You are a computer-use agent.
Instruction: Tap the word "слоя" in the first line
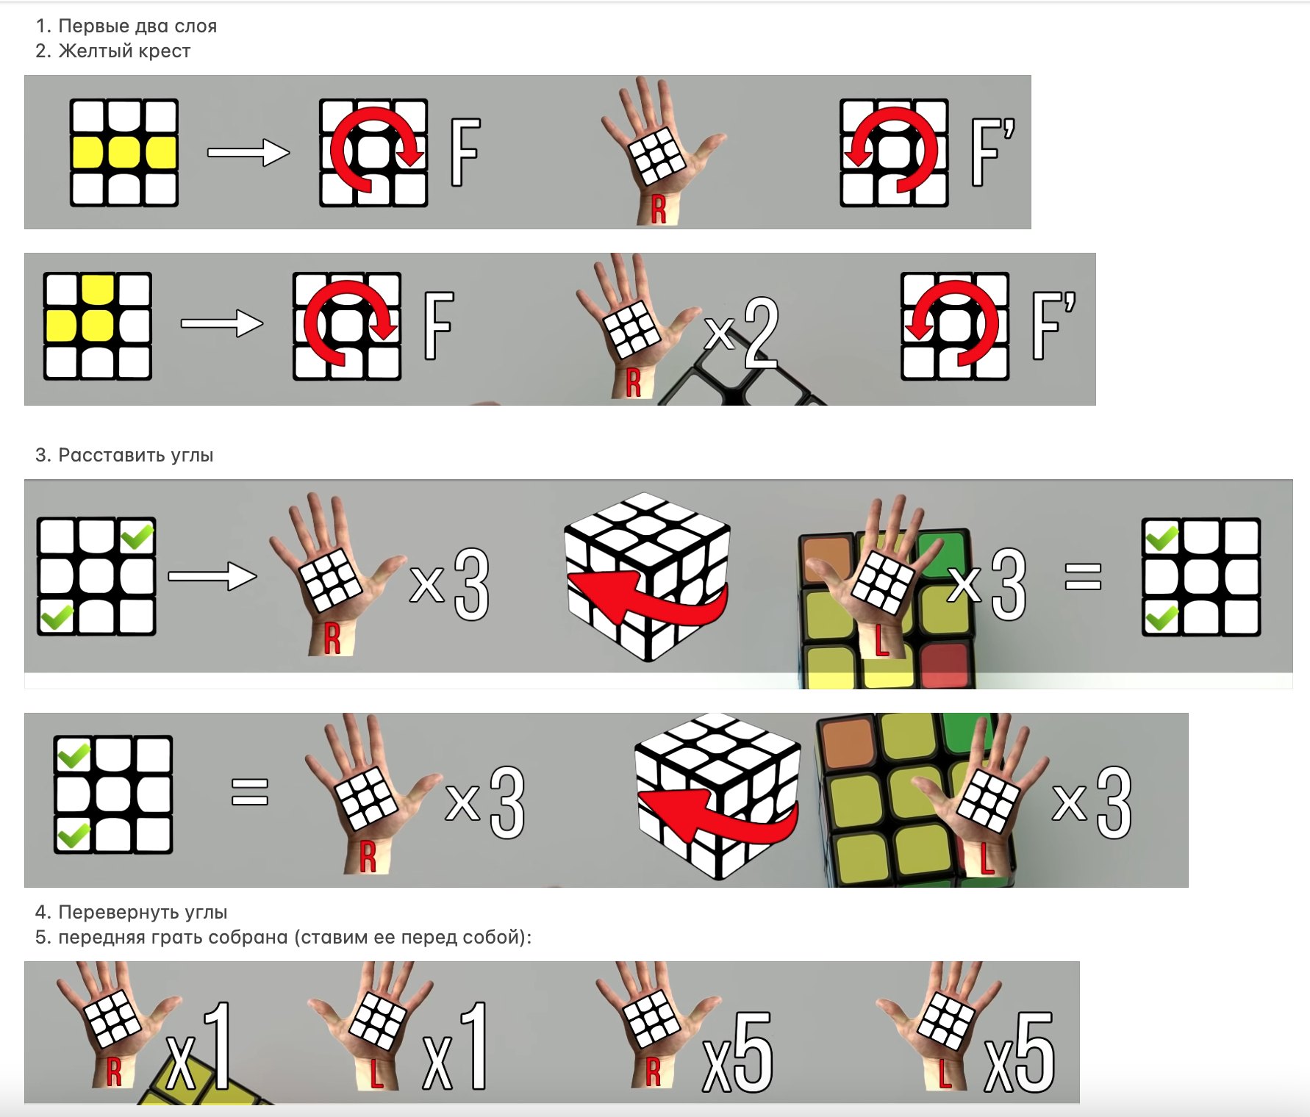[x=196, y=26]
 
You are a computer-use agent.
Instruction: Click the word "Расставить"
[x=111, y=456]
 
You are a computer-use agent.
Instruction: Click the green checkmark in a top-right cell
[x=137, y=536]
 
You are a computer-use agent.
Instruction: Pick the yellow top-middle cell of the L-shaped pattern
[x=98, y=289]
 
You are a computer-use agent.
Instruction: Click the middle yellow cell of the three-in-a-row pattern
[x=124, y=153]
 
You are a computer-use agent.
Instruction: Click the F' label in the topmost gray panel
[x=992, y=152]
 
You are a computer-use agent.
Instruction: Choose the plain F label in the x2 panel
[x=439, y=326]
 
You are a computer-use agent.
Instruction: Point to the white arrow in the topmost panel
[x=248, y=153]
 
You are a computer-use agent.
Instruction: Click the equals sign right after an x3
[x=1083, y=576]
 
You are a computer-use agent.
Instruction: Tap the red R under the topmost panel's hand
[x=659, y=209]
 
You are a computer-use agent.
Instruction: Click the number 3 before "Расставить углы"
[x=42, y=456]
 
